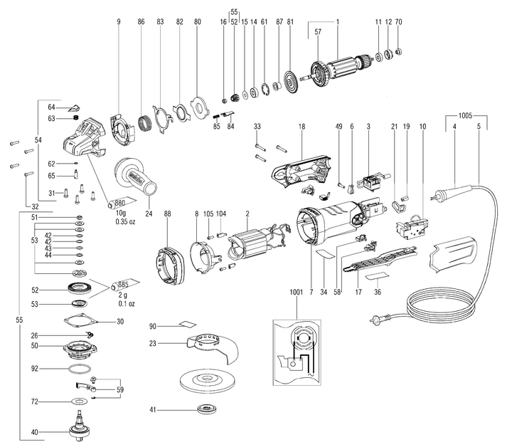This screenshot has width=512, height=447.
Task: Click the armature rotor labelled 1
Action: click(x=341, y=69)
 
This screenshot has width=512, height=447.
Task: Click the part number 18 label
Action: click(x=302, y=126)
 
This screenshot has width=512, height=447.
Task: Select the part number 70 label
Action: click(x=398, y=23)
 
